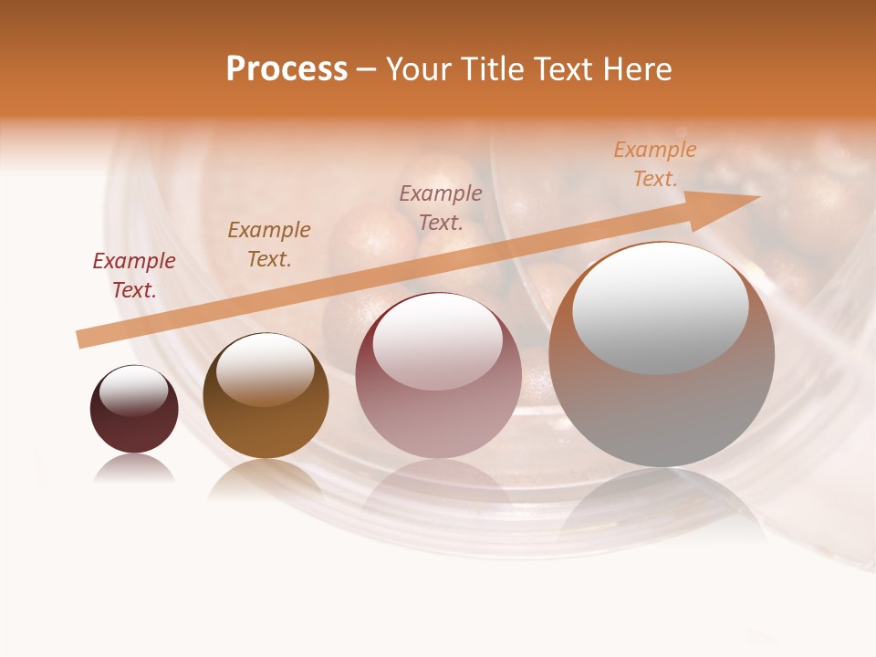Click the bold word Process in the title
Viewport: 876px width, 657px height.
[x=287, y=69]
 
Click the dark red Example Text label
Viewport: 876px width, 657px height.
[x=134, y=276]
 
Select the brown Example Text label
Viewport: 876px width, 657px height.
[x=269, y=245]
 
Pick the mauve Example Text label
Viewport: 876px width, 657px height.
[x=441, y=208]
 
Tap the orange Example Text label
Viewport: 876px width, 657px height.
[x=655, y=164]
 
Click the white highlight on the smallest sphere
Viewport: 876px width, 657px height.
[x=134, y=391]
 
